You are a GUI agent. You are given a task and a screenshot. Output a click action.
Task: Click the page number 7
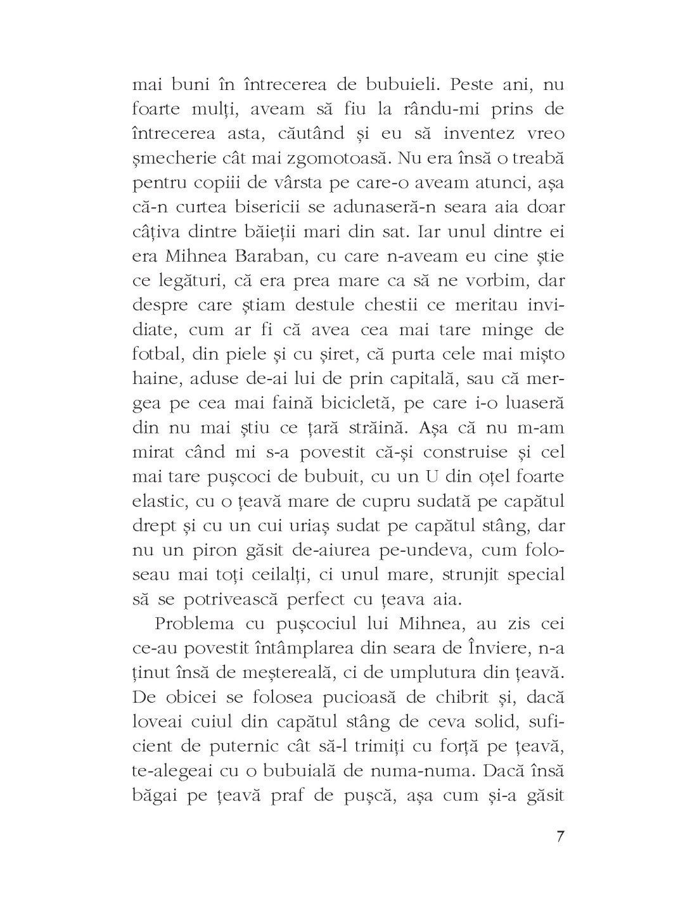click(x=559, y=836)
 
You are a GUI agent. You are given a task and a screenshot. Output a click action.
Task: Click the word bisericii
click(x=294, y=207)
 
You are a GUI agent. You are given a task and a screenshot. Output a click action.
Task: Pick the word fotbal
click(x=157, y=354)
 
